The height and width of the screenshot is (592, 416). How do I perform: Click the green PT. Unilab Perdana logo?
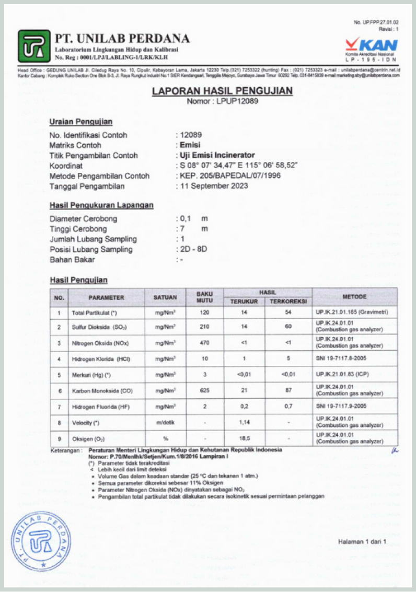click(34, 44)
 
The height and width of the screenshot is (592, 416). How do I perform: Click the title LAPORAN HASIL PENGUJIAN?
click(222, 91)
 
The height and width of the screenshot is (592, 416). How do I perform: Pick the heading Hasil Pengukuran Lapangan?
click(101, 205)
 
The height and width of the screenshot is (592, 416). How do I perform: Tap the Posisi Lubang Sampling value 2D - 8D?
click(193, 249)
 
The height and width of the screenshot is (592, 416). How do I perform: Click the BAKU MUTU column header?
click(205, 297)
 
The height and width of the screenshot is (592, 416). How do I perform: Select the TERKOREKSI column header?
click(288, 301)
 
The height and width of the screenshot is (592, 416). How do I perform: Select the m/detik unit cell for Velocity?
click(165, 423)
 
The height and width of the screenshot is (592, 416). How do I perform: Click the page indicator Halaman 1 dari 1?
click(362, 541)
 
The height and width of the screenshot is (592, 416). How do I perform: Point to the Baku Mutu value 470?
click(205, 343)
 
